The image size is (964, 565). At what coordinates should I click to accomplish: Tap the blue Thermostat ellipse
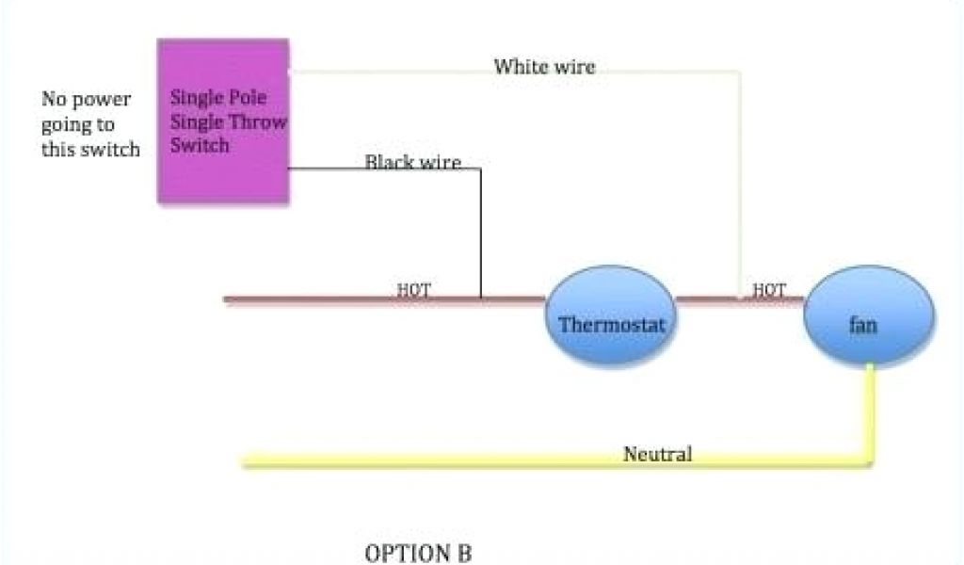pos(611,325)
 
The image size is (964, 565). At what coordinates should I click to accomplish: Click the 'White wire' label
pos(544,66)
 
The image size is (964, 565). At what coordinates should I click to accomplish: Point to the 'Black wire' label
pos(412,162)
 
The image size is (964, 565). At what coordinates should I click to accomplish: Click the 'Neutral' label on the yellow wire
pos(657,454)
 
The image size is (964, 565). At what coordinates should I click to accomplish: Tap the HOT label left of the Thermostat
pos(413,290)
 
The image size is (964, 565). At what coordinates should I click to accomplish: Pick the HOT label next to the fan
pos(769,290)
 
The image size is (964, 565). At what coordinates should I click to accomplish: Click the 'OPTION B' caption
pos(418,553)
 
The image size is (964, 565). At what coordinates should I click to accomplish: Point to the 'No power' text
pos(86,99)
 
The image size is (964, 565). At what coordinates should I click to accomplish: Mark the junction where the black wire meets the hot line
pos(480,299)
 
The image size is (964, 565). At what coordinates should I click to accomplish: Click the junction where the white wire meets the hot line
pos(740,299)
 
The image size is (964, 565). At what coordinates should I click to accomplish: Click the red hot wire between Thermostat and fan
pos(706,300)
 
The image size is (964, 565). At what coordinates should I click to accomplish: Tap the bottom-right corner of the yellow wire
pos(871,461)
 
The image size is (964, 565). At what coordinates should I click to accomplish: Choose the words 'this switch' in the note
pos(90,149)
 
